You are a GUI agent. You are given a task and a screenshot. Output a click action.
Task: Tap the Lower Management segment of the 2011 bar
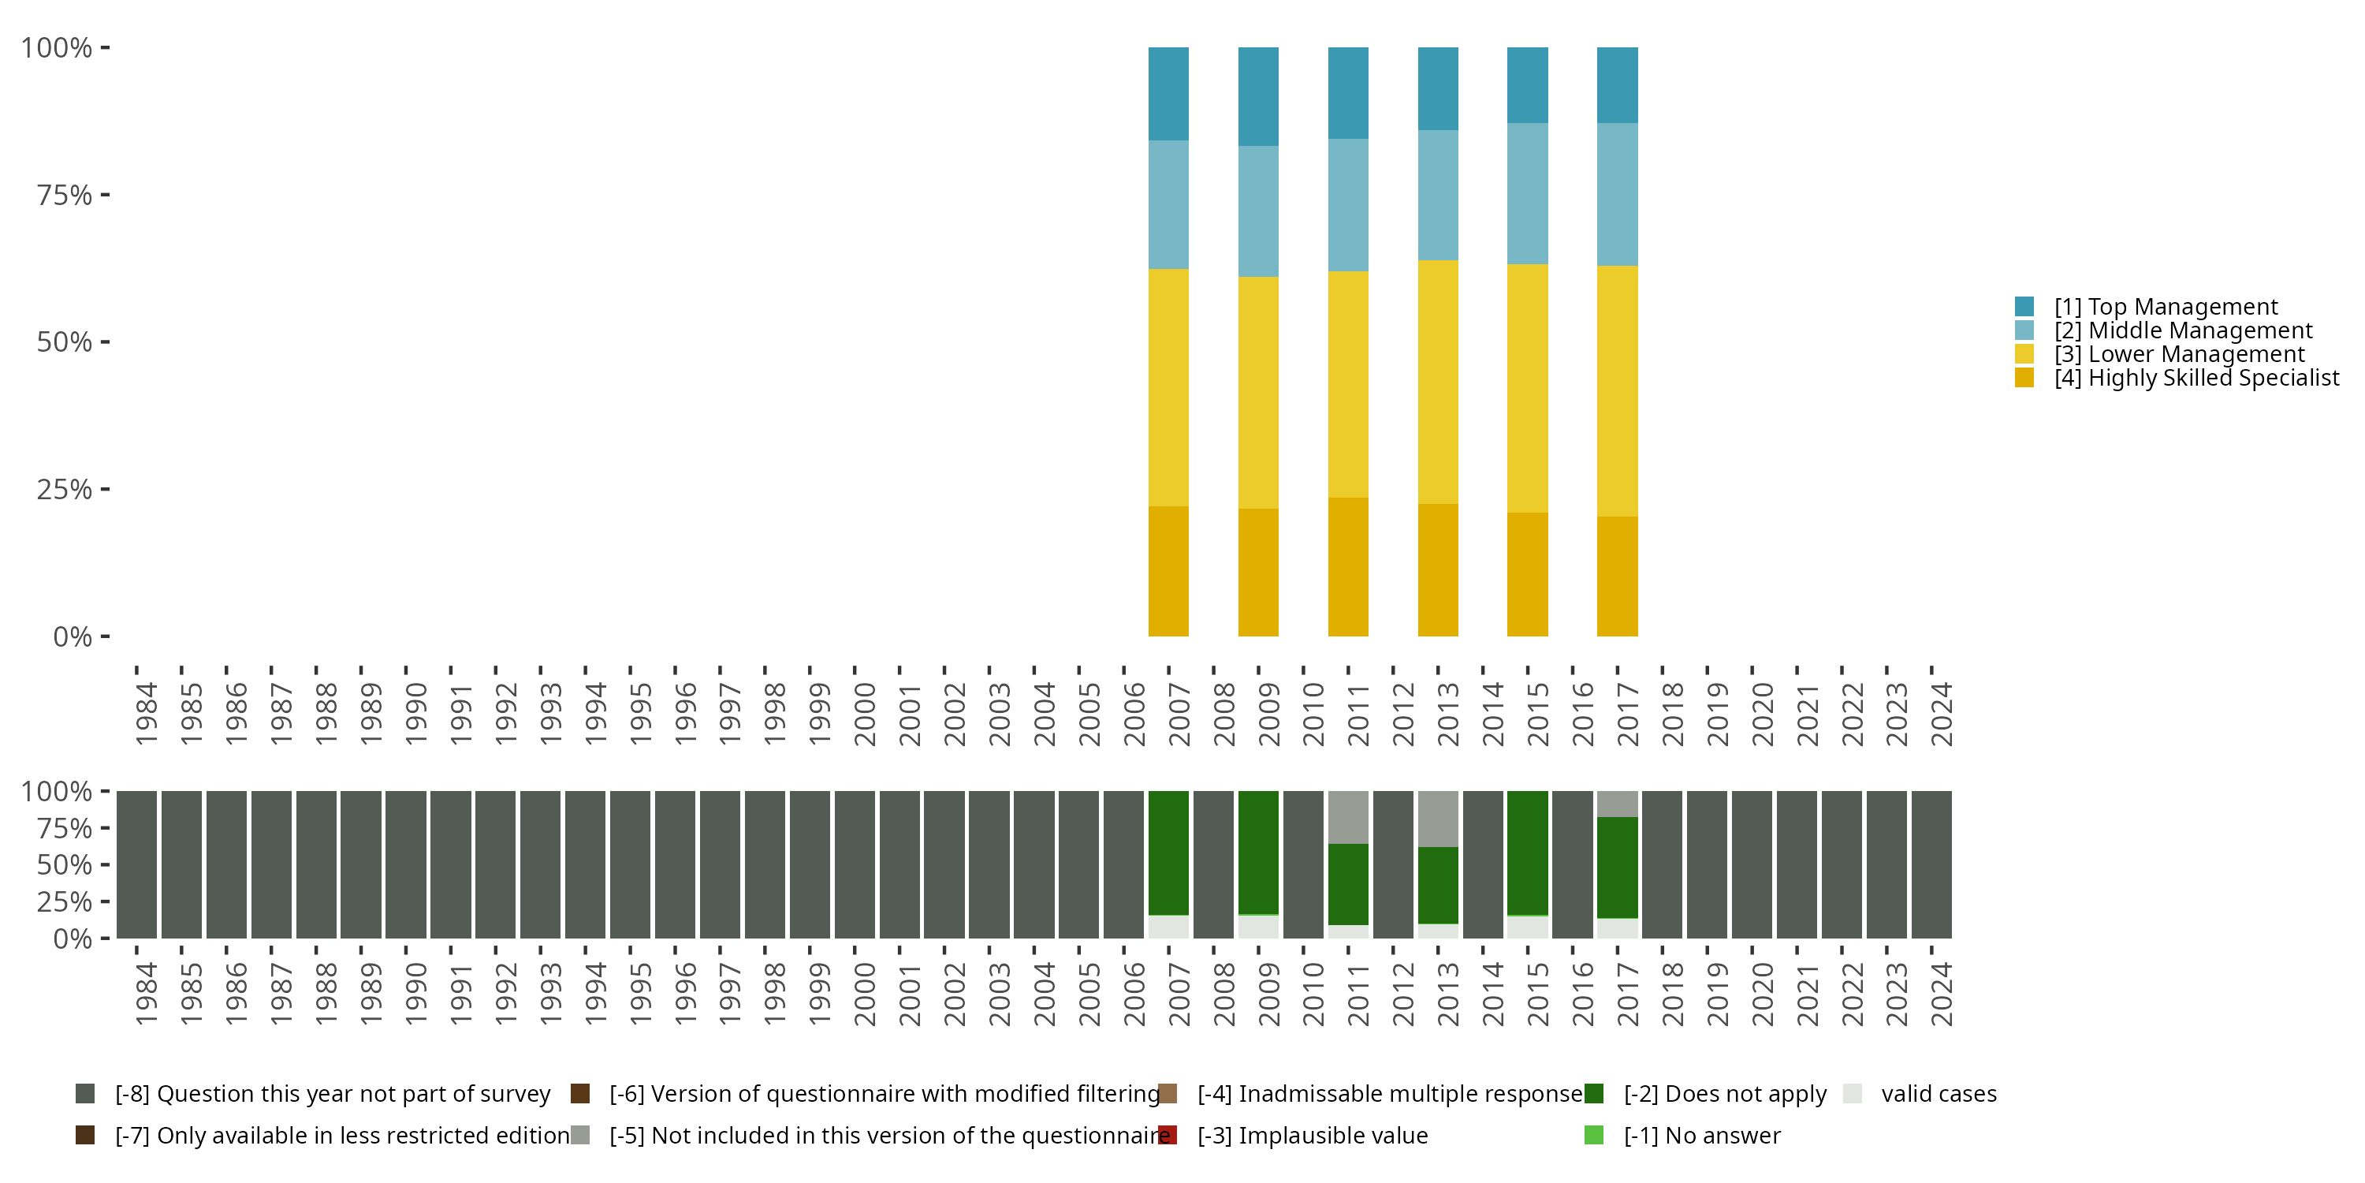click(x=1348, y=384)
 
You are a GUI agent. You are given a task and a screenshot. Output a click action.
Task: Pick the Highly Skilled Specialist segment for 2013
click(x=1438, y=569)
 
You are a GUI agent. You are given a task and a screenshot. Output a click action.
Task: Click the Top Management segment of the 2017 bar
click(x=1617, y=84)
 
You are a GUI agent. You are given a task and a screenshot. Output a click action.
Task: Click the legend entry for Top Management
click(x=2165, y=307)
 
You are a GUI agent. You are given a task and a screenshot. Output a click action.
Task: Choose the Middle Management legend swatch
click(x=2024, y=330)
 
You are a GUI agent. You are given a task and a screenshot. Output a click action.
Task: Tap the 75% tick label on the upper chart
click(x=65, y=196)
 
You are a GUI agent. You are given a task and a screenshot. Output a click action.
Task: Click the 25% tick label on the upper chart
click(x=65, y=490)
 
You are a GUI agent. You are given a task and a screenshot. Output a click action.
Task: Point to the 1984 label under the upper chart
click(x=146, y=714)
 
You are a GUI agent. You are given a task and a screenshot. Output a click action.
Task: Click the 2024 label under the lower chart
click(x=1941, y=995)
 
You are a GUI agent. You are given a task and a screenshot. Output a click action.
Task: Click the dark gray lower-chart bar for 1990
click(x=406, y=864)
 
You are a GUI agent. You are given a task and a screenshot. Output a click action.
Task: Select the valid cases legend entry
click(x=1938, y=1094)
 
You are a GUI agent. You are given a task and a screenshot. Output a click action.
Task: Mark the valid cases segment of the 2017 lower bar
click(x=1617, y=928)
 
